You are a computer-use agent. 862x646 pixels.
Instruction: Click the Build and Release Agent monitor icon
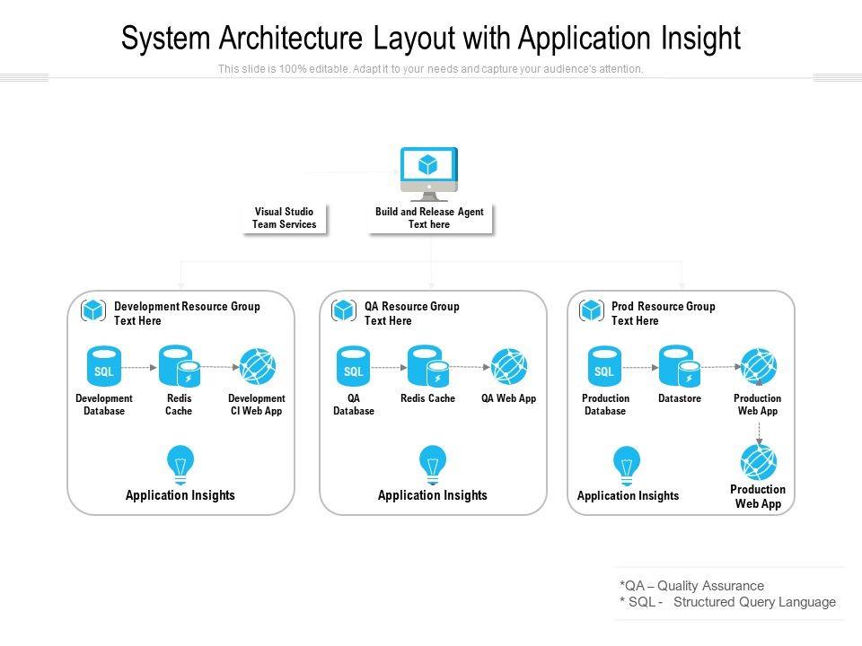[429, 174]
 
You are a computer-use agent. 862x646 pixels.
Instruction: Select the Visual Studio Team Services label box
[285, 218]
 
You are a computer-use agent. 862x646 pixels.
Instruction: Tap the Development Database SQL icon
[104, 366]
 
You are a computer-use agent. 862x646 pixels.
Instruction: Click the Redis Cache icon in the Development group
[180, 366]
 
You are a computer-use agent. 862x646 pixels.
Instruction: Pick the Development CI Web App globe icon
[258, 366]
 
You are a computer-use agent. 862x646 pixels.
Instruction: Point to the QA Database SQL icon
[354, 366]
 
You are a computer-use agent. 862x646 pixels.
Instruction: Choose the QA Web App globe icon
[508, 366]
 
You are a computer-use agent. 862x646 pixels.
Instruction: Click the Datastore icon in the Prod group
[680, 366]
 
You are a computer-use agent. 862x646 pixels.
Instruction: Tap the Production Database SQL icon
[604, 366]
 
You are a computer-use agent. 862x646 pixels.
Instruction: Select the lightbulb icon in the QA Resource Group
[433, 465]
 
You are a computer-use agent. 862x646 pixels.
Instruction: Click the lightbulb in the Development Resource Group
[180, 465]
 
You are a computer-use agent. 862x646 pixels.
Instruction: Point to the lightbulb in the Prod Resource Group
[627, 466]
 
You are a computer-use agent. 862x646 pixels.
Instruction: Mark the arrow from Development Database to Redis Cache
[139, 367]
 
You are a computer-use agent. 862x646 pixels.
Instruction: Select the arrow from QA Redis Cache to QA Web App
[470, 366]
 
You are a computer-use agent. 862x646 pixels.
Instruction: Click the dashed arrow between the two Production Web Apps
[759, 432]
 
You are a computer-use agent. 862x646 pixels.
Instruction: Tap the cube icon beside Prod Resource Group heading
[592, 311]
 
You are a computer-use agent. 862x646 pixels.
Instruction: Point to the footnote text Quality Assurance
[711, 586]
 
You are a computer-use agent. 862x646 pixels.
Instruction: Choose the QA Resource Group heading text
[412, 307]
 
